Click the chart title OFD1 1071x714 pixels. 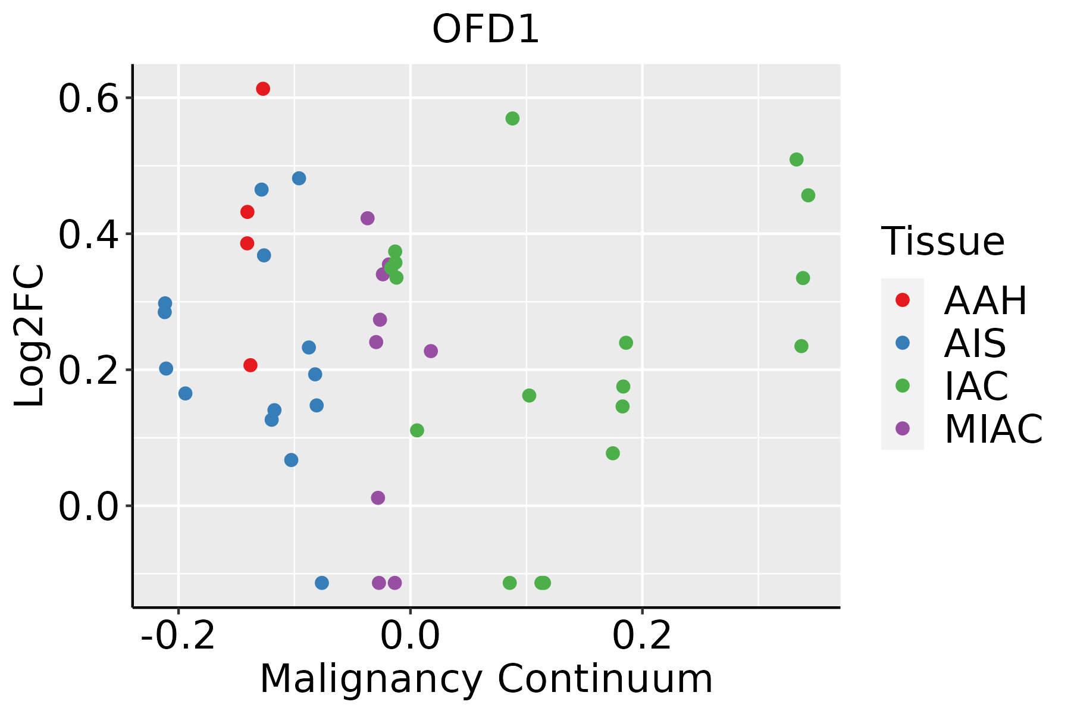(x=486, y=30)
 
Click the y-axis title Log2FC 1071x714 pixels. (x=30, y=336)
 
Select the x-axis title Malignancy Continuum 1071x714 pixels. (x=486, y=679)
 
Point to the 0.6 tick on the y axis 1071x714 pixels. (x=88, y=98)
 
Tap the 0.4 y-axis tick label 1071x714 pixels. (x=88, y=234)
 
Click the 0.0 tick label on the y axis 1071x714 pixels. (x=88, y=506)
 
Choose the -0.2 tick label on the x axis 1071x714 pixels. (x=177, y=636)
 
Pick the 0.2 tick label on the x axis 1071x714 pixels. (x=642, y=636)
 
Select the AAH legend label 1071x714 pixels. (x=985, y=300)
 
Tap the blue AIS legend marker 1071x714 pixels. (x=902, y=343)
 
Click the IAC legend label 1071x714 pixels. (x=976, y=386)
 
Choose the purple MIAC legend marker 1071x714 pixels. (x=902, y=428)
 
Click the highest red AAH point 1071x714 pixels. (x=263, y=89)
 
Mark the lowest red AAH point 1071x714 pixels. (x=250, y=365)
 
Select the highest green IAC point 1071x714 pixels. (x=512, y=118)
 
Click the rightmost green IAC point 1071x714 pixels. (x=808, y=195)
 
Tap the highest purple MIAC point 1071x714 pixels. (x=368, y=218)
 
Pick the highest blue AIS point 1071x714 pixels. (x=299, y=178)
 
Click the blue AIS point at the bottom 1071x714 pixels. (x=322, y=583)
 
